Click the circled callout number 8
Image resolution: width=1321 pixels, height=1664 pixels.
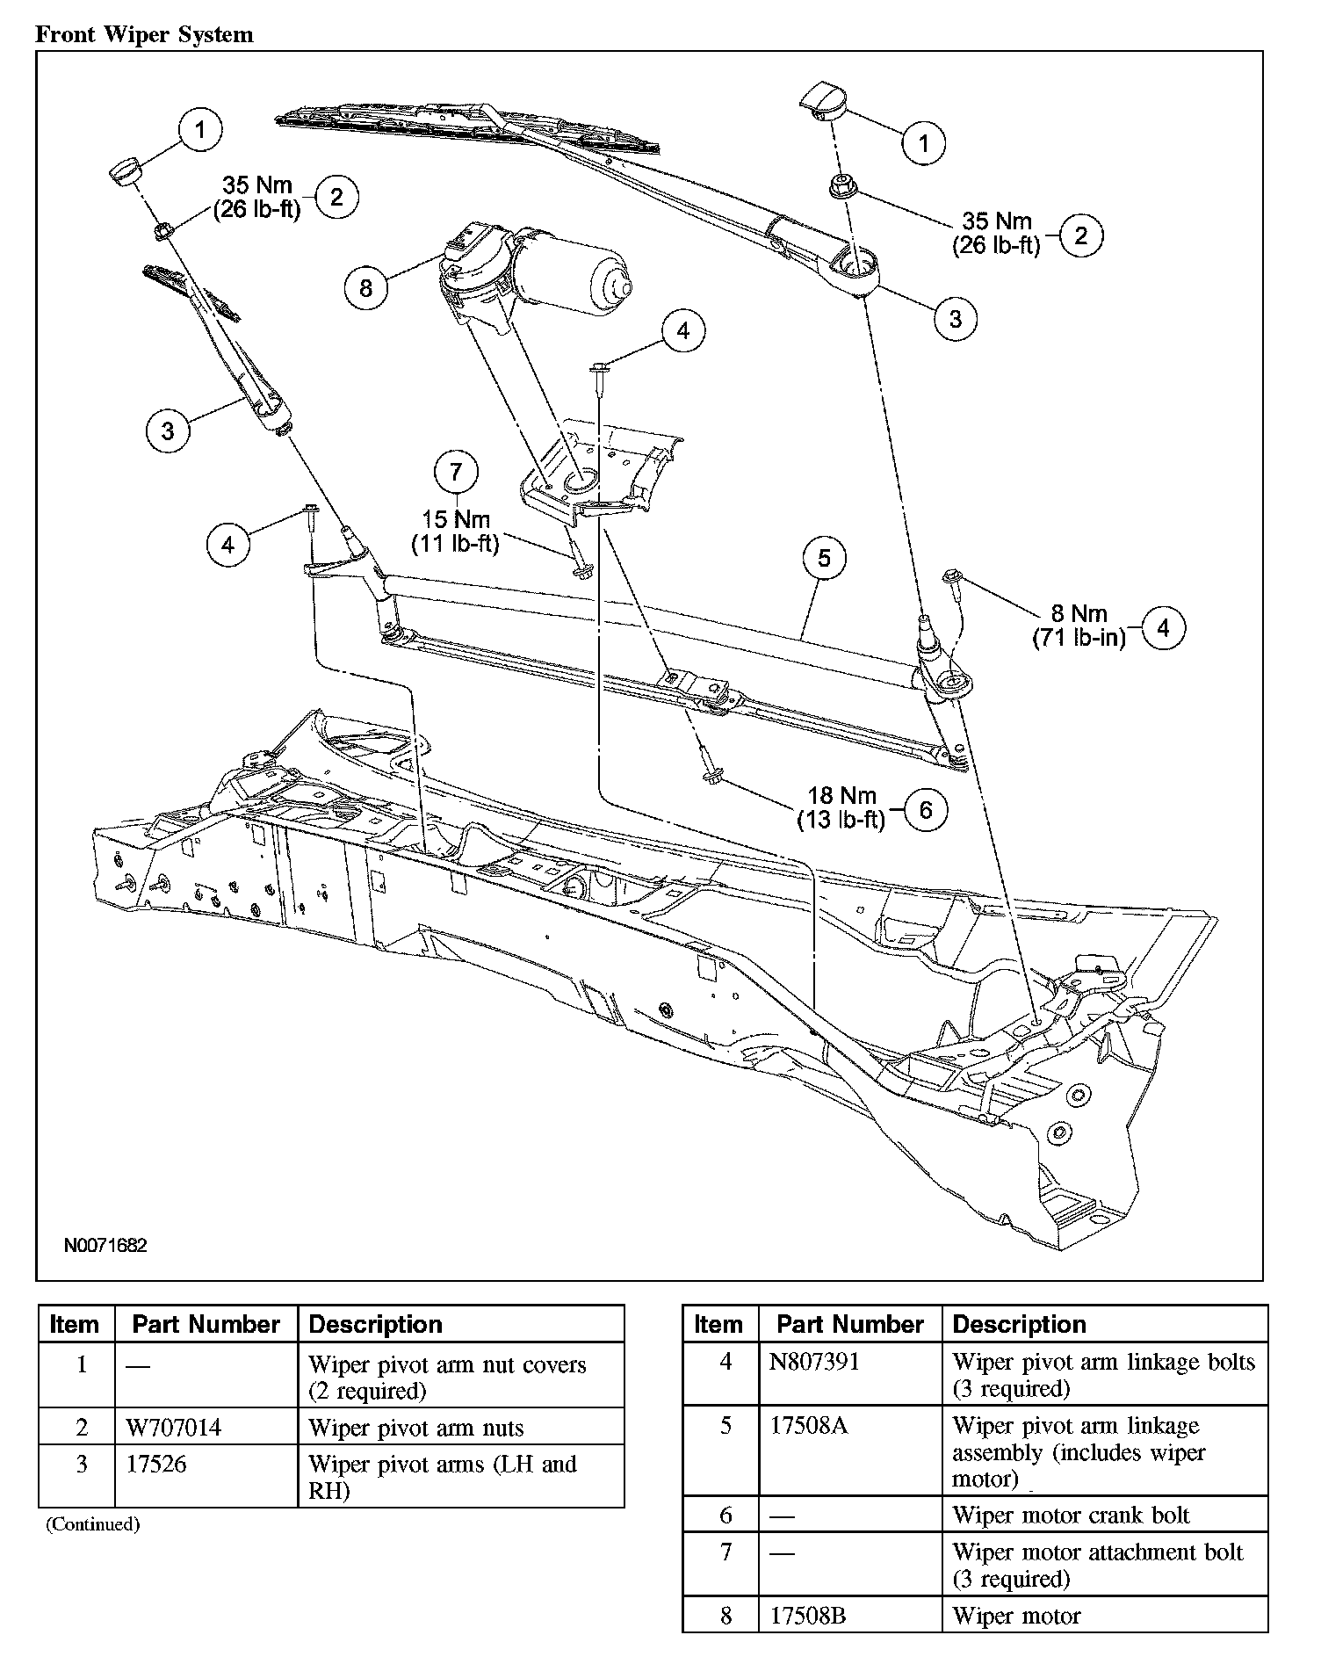(365, 287)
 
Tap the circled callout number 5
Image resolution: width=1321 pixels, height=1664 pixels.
(823, 559)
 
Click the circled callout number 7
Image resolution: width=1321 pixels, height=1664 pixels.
(455, 473)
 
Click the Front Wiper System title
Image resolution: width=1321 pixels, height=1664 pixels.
(144, 35)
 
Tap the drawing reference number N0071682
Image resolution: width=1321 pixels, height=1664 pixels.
(105, 1245)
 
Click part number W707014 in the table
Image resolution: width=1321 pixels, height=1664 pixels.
(173, 1428)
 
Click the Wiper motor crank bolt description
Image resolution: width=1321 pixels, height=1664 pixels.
(1071, 1515)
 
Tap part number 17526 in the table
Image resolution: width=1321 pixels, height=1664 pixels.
(157, 1464)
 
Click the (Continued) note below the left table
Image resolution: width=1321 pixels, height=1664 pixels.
(92, 1524)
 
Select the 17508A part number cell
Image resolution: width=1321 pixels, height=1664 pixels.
(808, 1425)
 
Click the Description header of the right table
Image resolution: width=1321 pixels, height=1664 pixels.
(1019, 1324)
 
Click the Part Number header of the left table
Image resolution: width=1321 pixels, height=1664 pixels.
(206, 1324)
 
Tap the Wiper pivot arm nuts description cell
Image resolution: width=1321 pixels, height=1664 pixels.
(415, 1428)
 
